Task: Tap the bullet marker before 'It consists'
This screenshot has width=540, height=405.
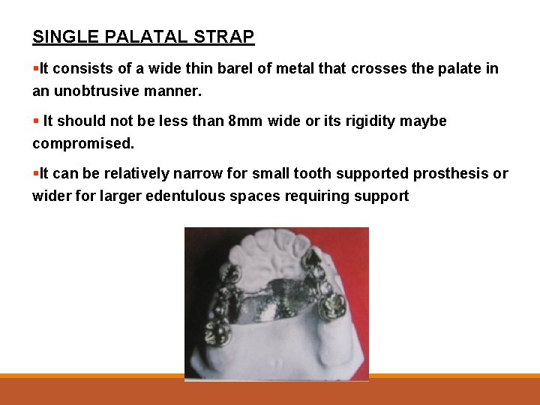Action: click(x=35, y=69)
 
